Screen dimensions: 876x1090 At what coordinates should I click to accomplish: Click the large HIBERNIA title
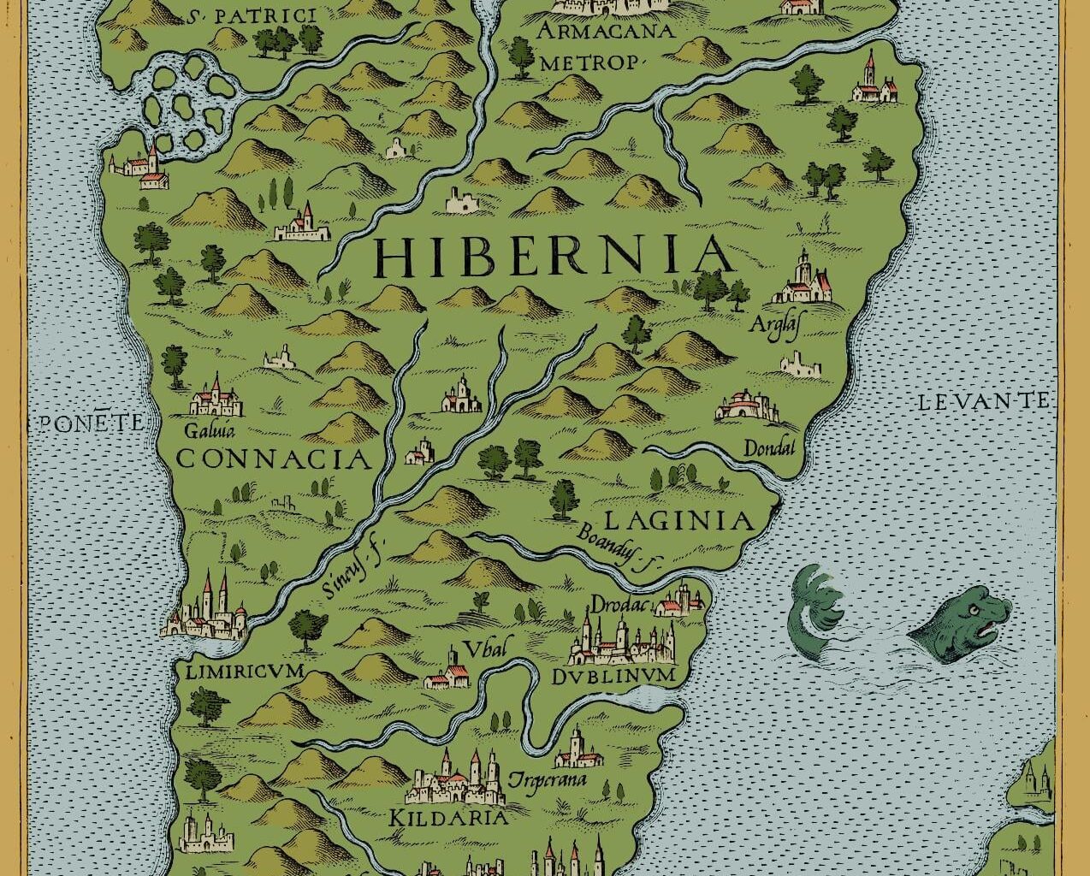point(554,255)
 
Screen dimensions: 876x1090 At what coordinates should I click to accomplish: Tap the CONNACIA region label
point(275,459)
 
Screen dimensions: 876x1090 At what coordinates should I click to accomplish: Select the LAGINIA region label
point(678,520)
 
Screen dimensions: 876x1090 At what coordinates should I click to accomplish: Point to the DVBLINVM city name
point(614,677)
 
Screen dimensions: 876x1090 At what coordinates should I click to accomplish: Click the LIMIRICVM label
point(245,672)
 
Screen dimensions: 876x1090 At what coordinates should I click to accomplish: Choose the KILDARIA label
point(448,817)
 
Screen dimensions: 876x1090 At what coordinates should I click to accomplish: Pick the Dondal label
point(769,448)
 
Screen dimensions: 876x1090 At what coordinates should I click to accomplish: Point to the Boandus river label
point(622,544)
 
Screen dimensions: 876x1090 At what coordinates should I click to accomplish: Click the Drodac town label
point(621,604)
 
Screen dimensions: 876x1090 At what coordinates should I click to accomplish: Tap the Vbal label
point(485,647)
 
